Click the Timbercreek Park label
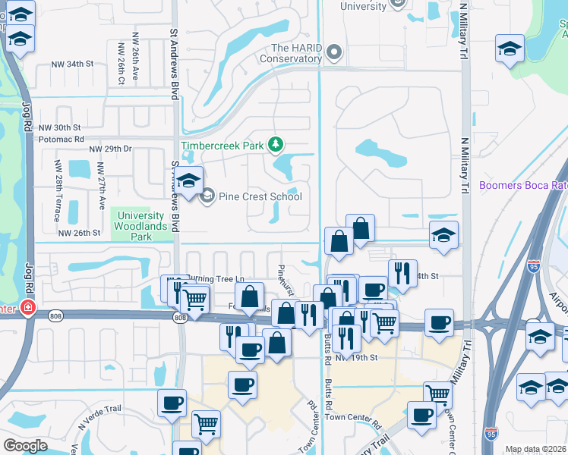pyautogui.click(x=222, y=146)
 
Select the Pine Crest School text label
pyautogui.click(x=260, y=197)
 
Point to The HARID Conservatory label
pyautogui.click(x=292, y=53)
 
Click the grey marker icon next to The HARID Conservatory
pyautogui.click(x=334, y=53)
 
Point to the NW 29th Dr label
pyautogui.click(x=110, y=149)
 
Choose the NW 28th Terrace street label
pyautogui.click(x=58, y=186)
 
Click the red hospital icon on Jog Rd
pyautogui.click(x=28, y=308)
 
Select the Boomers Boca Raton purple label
pyautogui.click(x=523, y=185)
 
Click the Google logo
pyautogui.click(x=25, y=446)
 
